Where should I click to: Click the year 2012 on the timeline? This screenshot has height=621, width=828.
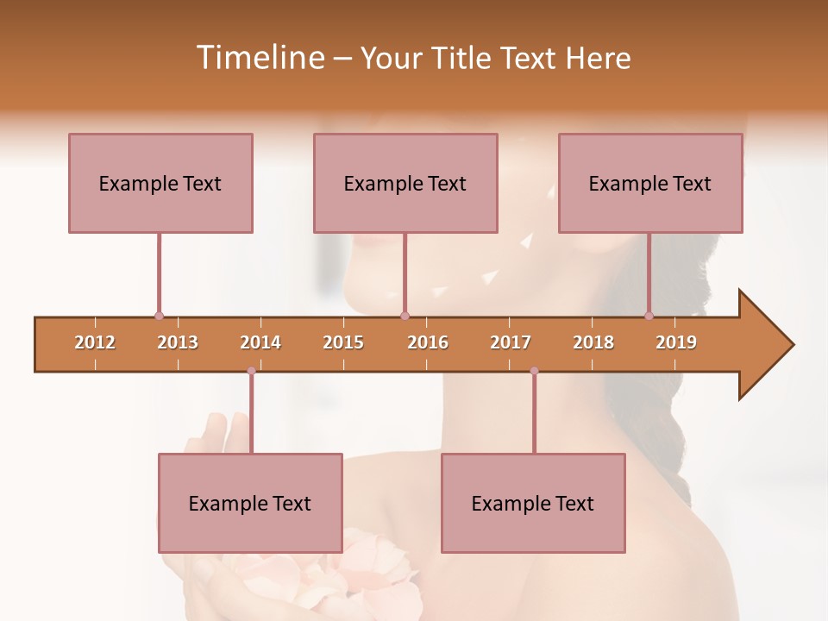tap(95, 342)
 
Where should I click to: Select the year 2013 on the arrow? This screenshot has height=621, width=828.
tap(178, 342)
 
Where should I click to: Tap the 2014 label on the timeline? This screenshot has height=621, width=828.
tap(260, 342)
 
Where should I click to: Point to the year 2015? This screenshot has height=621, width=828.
tap(343, 342)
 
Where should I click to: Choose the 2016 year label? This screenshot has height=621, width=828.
tap(428, 342)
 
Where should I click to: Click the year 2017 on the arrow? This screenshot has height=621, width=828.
tap(511, 342)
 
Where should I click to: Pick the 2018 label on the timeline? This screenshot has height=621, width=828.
tap(593, 342)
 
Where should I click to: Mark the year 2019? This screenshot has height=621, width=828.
tap(676, 342)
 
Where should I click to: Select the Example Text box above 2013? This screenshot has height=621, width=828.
tap(160, 183)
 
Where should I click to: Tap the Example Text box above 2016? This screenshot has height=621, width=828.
tap(405, 183)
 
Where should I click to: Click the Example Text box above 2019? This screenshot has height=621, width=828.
tap(650, 183)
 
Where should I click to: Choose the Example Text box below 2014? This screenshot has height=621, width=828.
tap(250, 503)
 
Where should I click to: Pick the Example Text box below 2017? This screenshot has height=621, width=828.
tap(533, 503)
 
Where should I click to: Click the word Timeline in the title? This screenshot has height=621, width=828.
tap(259, 58)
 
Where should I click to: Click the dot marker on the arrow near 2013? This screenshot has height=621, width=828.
tap(159, 316)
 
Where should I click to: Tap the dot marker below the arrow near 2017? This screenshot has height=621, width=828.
tap(534, 371)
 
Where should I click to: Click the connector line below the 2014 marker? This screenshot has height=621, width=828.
tap(251, 412)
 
